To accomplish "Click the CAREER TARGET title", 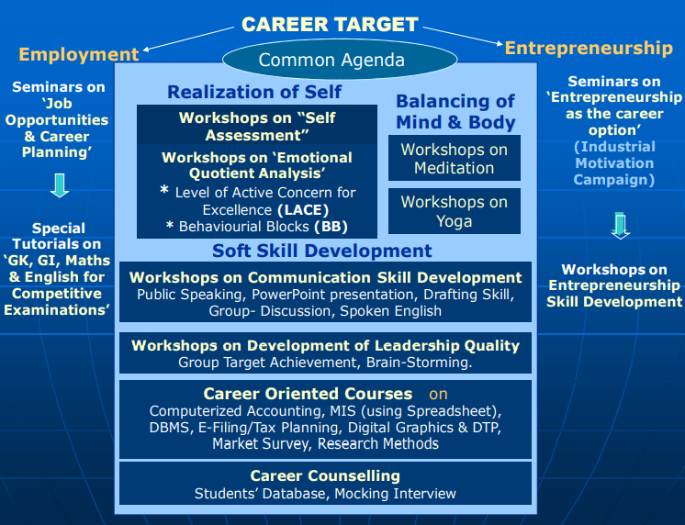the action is click(330, 25).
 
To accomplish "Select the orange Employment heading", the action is click(79, 54).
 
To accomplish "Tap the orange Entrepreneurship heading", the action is click(589, 48).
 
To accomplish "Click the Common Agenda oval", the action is click(340, 60).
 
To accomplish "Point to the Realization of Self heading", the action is click(254, 92).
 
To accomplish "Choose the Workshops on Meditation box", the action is click(455, 158).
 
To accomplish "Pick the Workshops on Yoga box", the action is click(455, 211).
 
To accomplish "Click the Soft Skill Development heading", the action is click(322, 251).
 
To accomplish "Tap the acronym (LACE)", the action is click(303, 210).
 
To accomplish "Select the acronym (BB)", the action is click(331, 227).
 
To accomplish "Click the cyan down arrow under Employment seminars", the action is click(60, 185).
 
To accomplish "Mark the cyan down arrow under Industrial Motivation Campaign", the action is click(620, 226).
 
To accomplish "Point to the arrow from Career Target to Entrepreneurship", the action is click(463, 36).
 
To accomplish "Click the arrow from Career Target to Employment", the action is click(189, 39).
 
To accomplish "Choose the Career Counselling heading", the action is click(325, 475).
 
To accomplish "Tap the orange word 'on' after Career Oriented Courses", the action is click(438, 394).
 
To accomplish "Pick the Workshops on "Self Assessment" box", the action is click(257, 125).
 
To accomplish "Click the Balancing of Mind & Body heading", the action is click(455, 112).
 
